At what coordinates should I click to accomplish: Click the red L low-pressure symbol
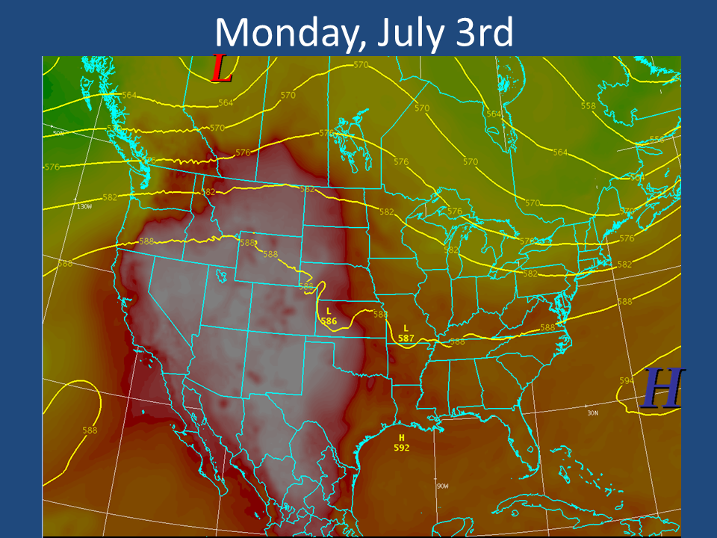[x=222, y=69]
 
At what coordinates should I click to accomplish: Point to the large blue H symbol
[x=662, y=389]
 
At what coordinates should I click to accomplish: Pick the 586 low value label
[x=329, y=321]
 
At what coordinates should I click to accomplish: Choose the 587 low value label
[x=406, y=338]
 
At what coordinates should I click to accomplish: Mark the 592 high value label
[x=402, y=448]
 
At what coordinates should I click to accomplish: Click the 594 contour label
[x=626, y=380]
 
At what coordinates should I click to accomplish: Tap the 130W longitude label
[x=84, y=205]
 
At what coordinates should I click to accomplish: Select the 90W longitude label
[x=442, y=486]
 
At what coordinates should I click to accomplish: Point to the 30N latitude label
[x=594, y=412]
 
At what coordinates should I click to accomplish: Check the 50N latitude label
[x=58, y=133]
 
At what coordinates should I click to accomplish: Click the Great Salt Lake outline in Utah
[x=220, y=275]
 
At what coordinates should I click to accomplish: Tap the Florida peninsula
[x=526, y=426]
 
